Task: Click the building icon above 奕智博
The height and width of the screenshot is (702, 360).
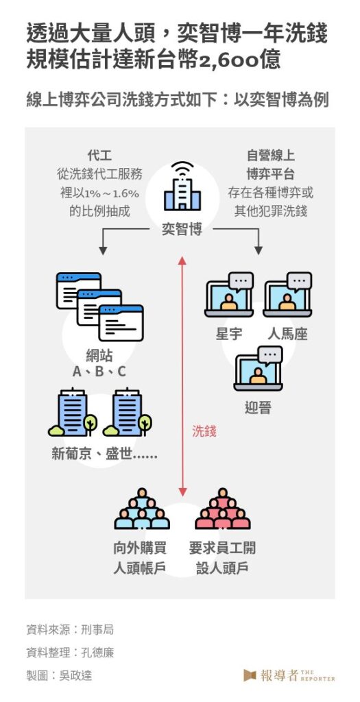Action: tap(182, 187)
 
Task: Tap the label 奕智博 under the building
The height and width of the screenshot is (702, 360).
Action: tap(182, 230)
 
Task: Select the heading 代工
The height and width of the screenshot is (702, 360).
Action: tap(99, 156)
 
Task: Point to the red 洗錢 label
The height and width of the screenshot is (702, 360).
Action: tap(204, 431)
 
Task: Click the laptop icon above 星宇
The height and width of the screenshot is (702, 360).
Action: tap(229, 295)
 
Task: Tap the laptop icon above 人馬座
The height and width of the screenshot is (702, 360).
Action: tap(287, 295)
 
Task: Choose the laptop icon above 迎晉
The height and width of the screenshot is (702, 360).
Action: tap(259, 368)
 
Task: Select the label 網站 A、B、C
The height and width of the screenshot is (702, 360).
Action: tap(99, 364)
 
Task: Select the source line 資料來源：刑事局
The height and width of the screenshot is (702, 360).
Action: tap(70, 630)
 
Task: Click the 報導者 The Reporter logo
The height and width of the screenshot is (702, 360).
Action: tap(289, 675)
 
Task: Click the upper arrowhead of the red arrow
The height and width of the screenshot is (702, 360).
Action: tap(182, 261)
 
